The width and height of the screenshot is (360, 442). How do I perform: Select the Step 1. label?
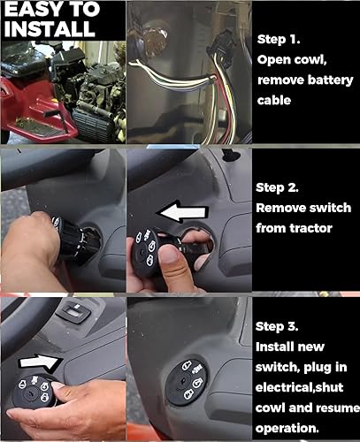point(280,40)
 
